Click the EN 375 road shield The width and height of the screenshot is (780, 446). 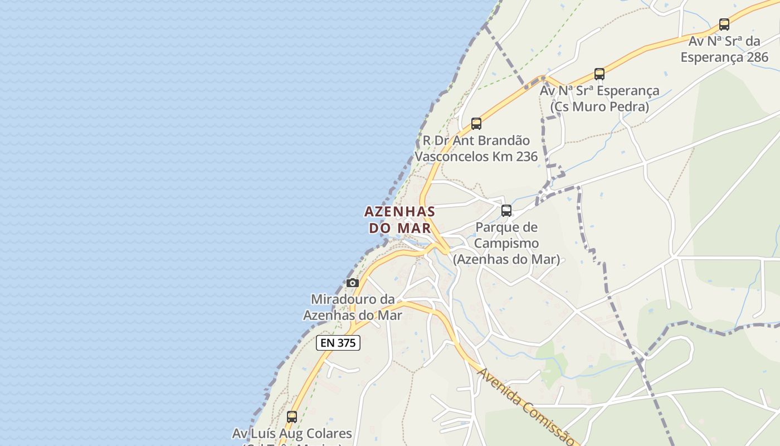tap(338, 343)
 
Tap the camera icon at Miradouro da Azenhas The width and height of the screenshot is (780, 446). tap(353, 283)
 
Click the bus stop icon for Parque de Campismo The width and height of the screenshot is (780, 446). tap(506, 211)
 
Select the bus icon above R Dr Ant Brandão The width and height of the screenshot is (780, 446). tap(476, 124)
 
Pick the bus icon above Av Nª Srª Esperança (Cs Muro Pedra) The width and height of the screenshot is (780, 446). tap(599, 74)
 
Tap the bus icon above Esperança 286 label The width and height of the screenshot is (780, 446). tap(724, 25)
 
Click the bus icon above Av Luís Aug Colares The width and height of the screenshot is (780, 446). tap(292, 416)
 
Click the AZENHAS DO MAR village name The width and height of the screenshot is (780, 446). tap(399, 220)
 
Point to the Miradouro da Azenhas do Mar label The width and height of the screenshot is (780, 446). tap(352, 307)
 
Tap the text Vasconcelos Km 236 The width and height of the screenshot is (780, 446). tap(476, 157)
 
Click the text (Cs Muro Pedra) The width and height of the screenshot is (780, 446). tap(599, 106)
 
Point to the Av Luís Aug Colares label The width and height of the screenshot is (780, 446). tap(292, 433)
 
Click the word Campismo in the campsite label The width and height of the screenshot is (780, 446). tap(506, 243)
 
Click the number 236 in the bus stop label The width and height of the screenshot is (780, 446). tap(526, 157)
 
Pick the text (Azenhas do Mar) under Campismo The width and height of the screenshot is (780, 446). tap(506, 259)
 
